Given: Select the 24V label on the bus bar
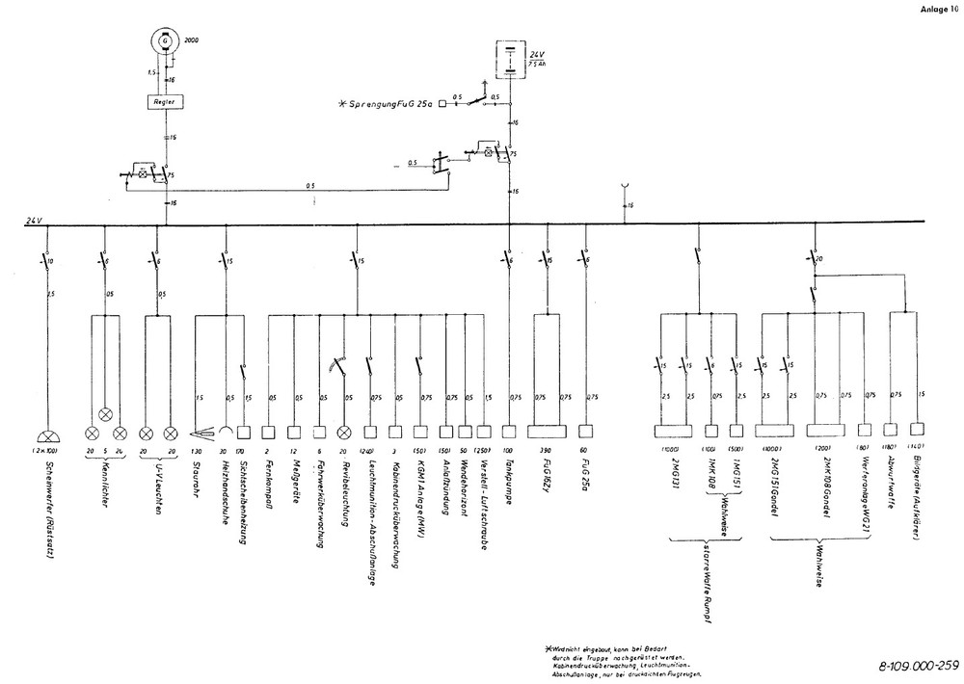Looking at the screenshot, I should click(35, 222).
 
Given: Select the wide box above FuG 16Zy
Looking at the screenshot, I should click(547, 432).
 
